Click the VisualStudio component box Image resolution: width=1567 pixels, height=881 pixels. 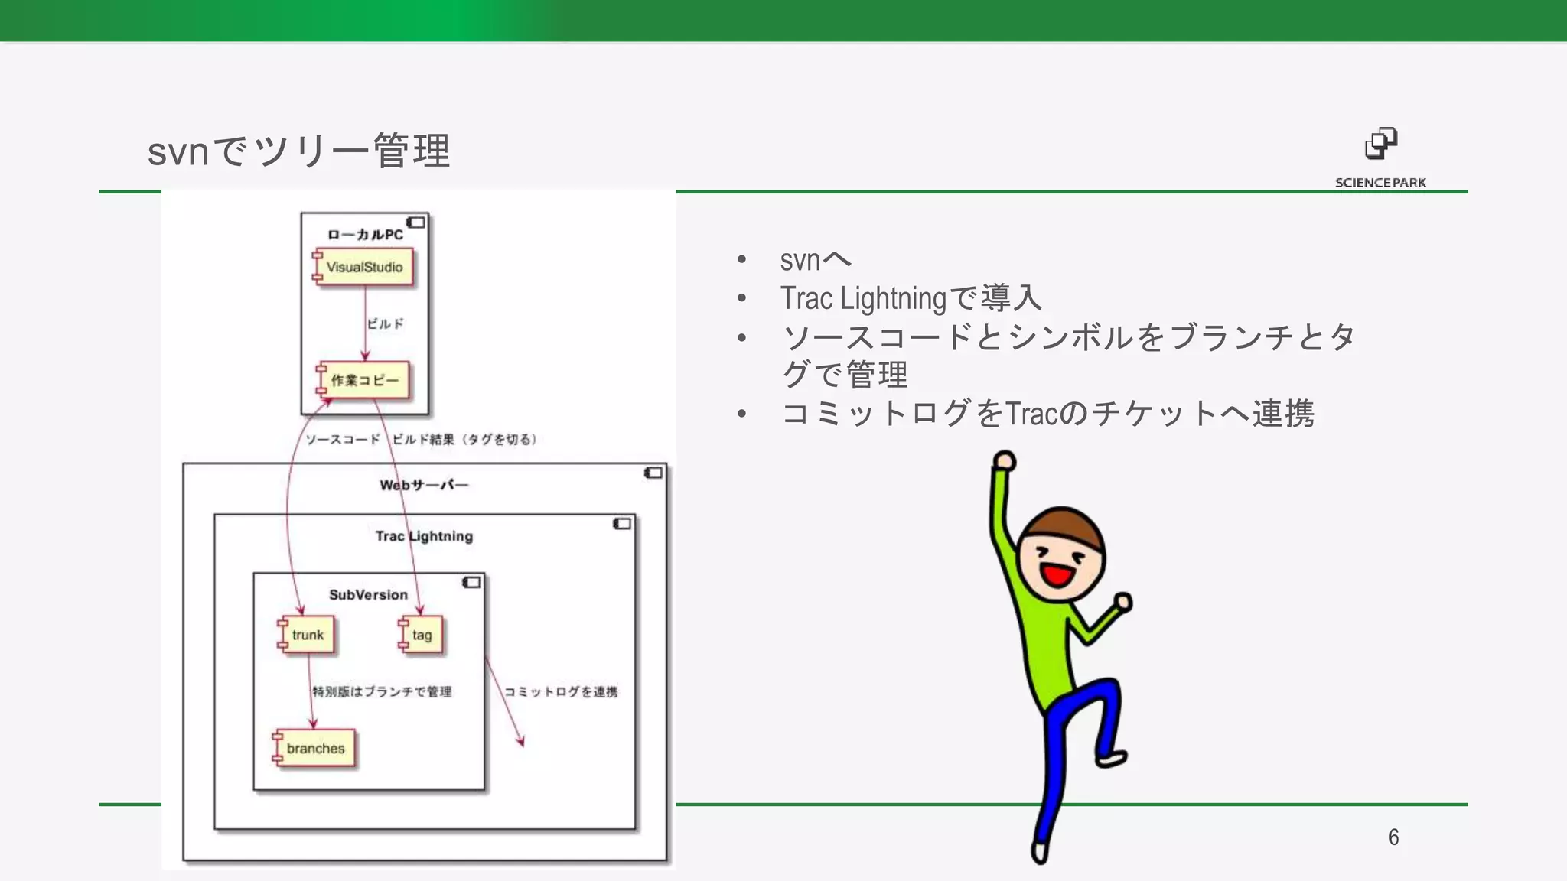coord(364,267)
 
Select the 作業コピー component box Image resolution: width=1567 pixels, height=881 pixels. coord(364,380)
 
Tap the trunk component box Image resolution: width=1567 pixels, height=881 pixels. coord(308,635)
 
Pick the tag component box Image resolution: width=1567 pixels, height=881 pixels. coord(422,635)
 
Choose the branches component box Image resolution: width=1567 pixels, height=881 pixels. coord(315,748)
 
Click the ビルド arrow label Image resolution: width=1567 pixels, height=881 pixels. coord(385,323)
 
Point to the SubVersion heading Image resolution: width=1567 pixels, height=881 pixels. coord(368,594)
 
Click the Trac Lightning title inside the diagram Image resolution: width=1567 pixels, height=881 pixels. coord(424,536)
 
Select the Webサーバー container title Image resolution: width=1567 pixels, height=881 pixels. coord(424,485)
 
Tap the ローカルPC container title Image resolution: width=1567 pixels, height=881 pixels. coord(365,235)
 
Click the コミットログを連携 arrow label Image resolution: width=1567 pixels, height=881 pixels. coord(561,692)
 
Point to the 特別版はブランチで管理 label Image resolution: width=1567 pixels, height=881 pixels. coord(382,692)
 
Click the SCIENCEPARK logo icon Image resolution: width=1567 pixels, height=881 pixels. coord(1381,144)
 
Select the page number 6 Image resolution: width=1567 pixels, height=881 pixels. coord(1393,837)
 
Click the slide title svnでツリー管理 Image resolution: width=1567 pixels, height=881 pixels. coord(298,151)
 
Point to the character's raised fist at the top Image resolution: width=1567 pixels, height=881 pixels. coord(1005,460)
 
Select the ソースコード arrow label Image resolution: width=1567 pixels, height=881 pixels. coord(343,439)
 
